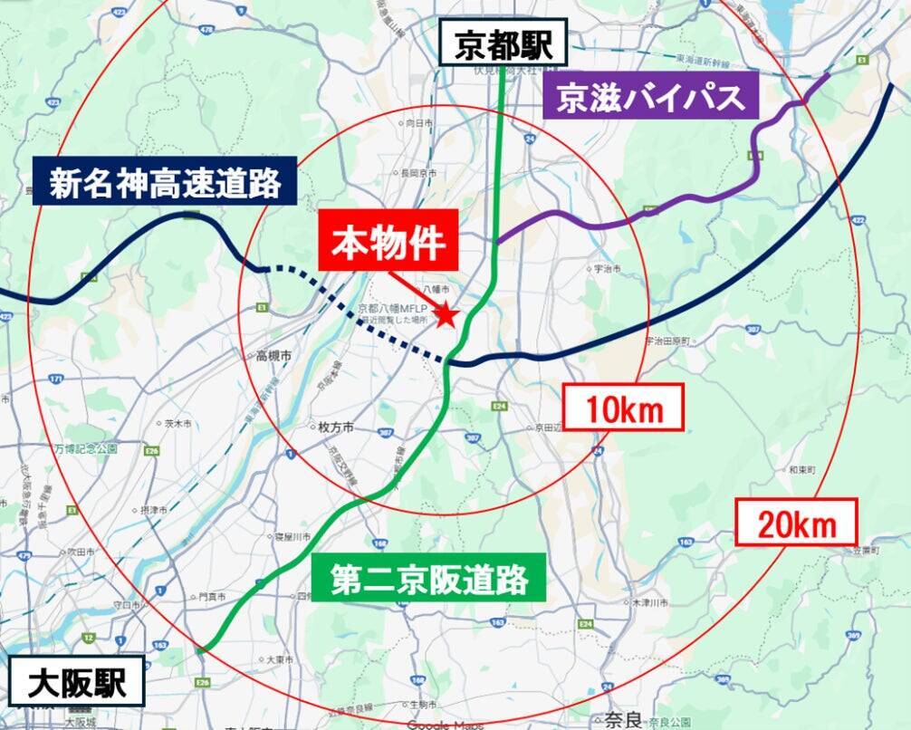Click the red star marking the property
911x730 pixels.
coord(446,314)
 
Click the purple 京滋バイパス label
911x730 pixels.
coord(649,98)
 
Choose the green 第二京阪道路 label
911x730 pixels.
coord(428,578)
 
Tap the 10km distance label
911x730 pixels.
coord(624,410)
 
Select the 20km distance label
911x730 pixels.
coord(796,523)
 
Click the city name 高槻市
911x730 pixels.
coord(273,358)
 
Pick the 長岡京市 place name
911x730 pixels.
coord(419,173)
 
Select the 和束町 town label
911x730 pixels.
coord(801,470)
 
